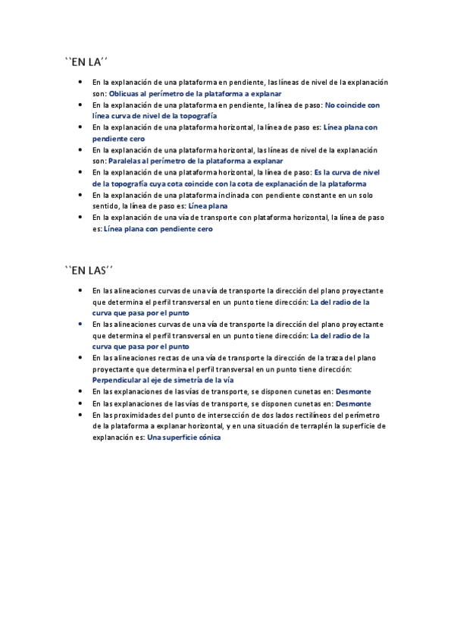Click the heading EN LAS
point(91,270)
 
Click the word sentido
point(105,205)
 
